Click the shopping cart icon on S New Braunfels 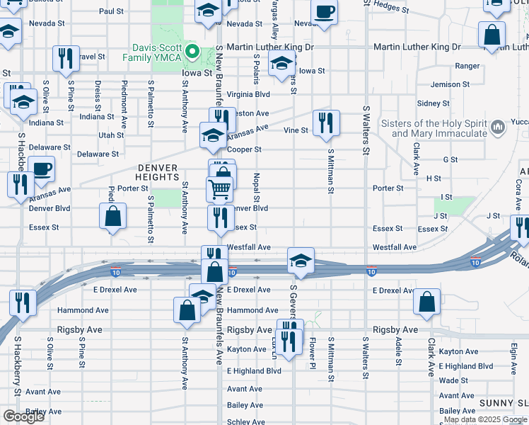[220, 189]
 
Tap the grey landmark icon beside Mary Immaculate [498, 127]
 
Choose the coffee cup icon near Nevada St [324, 14]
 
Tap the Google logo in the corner [23, 416]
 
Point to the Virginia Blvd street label [248, 93]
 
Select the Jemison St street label [445, 84]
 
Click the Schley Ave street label [245, 421]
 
